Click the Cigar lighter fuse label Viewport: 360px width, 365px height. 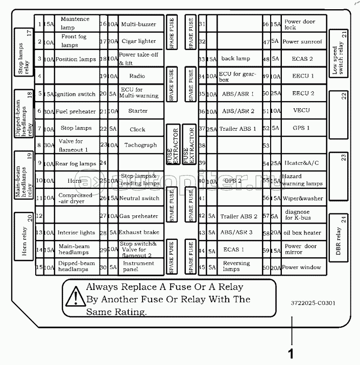pyautogui.click(x=139, y=41)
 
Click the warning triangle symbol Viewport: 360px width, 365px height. pyautogui.click(x=76, y=296)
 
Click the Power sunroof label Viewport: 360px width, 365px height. pyautogui.click(x=302, y=42)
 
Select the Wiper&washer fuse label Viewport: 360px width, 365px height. pyautogui.click(x=302, y=199)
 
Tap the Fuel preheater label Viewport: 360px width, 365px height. pyautogui.click(x=76, y=111)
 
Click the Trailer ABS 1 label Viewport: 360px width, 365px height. pyautogui.click(x=238, y=129)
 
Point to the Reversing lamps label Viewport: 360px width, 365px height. pyautogui.click(x=236, y=266)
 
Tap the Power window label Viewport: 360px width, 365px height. pyautogui.click(x=301, y=267)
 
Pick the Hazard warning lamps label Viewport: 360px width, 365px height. pyautogui.click(x=302, y=180)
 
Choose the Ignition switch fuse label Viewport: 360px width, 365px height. pyautogui.click(x=75, y=94)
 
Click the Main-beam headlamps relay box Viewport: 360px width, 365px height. pyautogui.click(x=24, y=175)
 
